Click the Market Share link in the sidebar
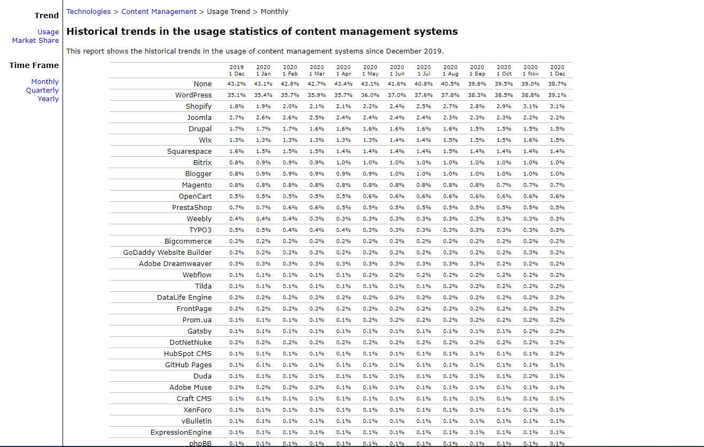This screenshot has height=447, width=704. [35, 41]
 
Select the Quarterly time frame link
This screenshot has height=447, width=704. [42, 90]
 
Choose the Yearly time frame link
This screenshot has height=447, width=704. [48, 99]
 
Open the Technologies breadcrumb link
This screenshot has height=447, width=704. [88, 12]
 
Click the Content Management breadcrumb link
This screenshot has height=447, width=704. [159, 12]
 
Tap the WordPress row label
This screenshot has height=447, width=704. [194, 95]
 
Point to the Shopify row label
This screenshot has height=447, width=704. [199, 107]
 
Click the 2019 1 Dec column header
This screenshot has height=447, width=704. [237, 71]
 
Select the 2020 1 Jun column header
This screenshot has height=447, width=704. [397, 71]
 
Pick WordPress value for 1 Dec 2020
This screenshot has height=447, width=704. [557, 95]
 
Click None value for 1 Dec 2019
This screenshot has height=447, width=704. [237, 84]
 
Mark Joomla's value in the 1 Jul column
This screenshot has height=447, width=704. [424, 118]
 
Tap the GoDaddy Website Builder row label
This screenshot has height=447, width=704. [167, 253]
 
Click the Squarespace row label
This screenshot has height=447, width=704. [189, 151]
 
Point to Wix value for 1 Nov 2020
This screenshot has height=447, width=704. [530, 140]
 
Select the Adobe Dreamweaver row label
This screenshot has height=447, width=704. [175, 264]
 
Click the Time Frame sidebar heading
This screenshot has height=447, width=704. [34, 65]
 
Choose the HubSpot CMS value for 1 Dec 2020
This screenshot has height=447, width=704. [557, 354]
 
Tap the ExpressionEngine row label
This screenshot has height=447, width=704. [181, 433]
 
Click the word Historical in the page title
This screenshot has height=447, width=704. [92, 32]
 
